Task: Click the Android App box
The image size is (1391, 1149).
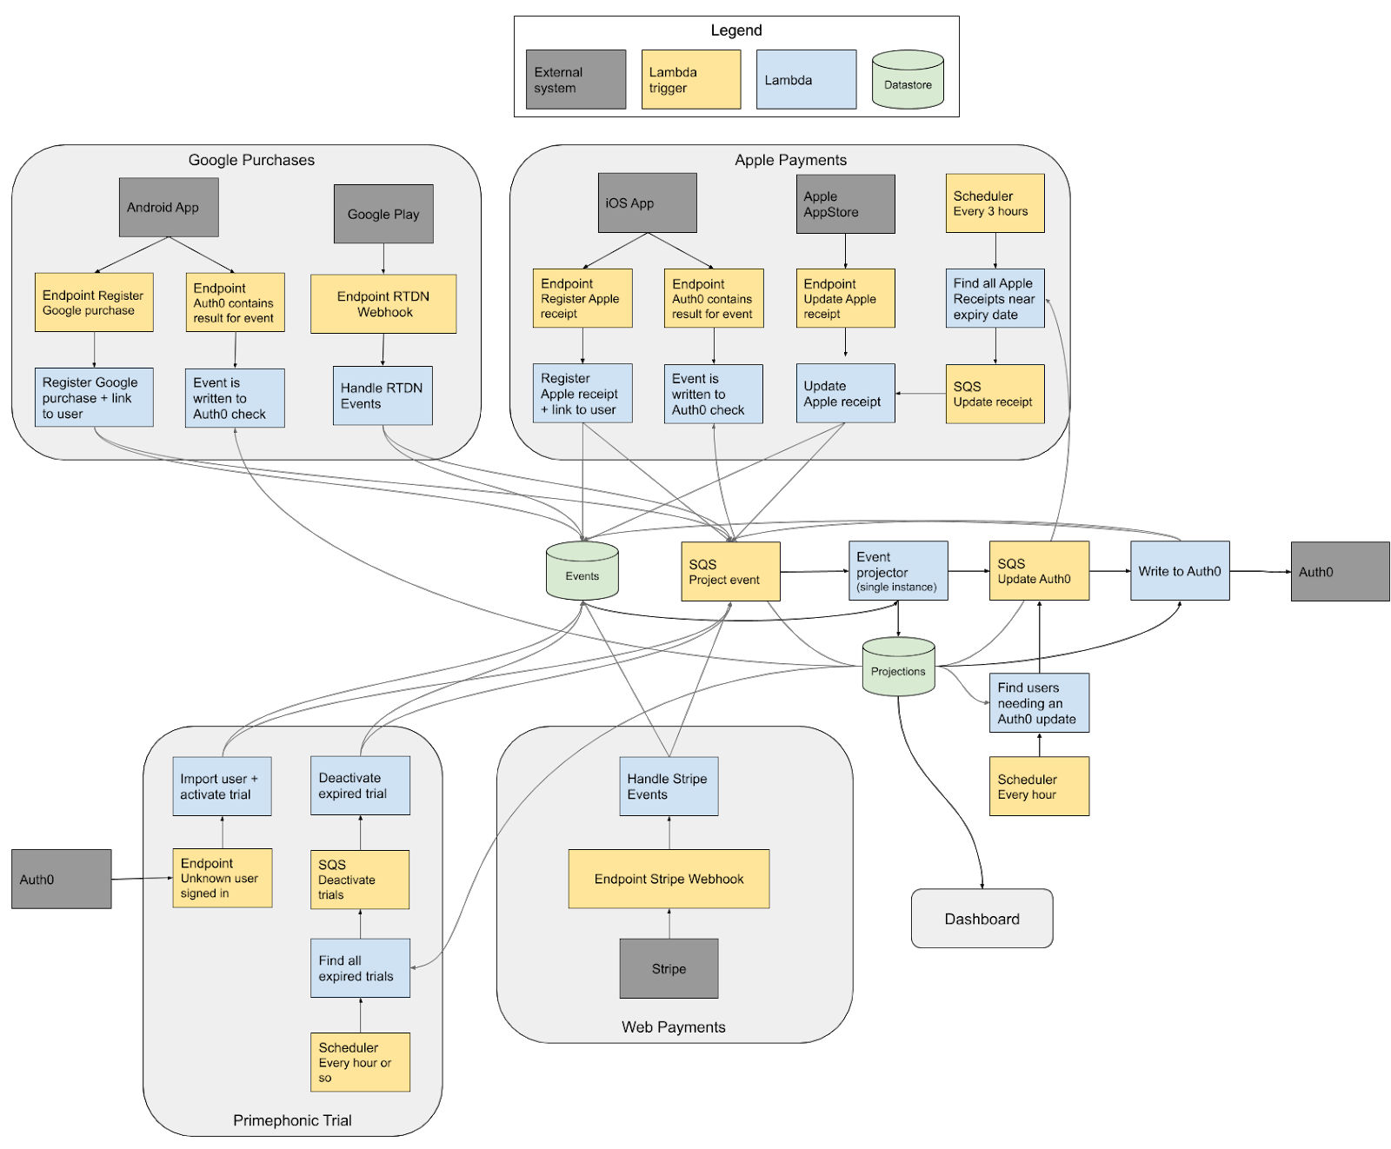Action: [x=169, y=207]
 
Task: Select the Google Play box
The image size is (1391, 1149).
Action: [x=383, y=214]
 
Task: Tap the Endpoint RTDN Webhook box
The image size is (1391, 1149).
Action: [x=383, y=304]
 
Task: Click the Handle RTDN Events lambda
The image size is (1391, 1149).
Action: [x=383, y=395]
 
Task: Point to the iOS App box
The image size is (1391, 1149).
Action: [x=647, y=203]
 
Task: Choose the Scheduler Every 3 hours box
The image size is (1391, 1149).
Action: [x=995, y=203]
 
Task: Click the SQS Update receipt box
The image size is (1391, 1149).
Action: [x=995, y=394]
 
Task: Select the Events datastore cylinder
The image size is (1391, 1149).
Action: [x=582, y=573]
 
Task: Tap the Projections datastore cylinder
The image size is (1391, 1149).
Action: [x=898, y=667]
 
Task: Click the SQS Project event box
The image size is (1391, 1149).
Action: [x=729, y=571]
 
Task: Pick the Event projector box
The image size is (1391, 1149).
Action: [x=897, y=571]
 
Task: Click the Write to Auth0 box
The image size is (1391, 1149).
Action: [x=1180, y=571]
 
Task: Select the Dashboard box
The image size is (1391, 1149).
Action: [x=982, y=919]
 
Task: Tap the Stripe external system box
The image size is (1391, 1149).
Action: [x=669, y=968]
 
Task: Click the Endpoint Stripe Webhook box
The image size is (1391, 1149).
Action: [x=669, y=879]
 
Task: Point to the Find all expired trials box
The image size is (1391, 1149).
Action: [x=360, y=968]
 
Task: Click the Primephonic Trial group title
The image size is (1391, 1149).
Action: [x=292, y=1120]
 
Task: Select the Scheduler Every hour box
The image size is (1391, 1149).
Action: [x=1039, y=787]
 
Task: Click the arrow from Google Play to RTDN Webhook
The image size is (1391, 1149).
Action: [x=383, y=259]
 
